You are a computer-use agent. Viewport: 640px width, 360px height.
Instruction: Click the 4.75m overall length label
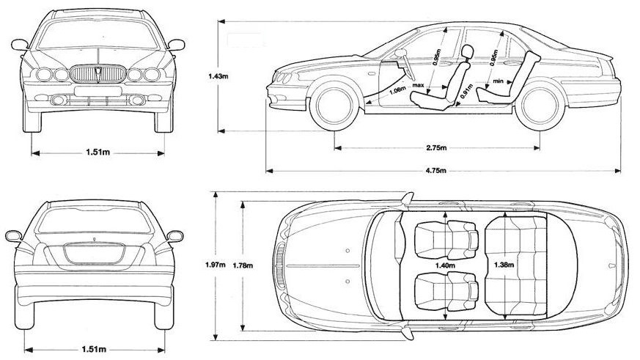pos(436,171)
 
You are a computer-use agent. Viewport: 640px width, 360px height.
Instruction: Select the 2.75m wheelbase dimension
pos(436,148)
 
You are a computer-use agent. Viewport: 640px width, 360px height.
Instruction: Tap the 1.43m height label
pos(218,76)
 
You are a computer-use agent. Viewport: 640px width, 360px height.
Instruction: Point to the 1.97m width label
pos(215,265)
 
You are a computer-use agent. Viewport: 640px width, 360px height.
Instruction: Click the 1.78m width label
pos(243,265)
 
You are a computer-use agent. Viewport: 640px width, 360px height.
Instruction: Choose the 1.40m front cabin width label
pos(445,265)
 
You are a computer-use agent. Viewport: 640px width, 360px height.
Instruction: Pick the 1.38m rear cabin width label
pos(504,265)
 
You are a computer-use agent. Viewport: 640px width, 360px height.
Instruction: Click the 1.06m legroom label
pos(397,89)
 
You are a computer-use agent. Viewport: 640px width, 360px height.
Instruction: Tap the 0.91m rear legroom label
pos(466,92)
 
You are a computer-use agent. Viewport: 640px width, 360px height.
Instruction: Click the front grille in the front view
pos(98,74)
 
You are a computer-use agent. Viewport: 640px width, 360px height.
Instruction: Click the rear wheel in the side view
pos(540,106)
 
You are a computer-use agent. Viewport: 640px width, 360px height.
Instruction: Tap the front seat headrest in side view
pos(468,52)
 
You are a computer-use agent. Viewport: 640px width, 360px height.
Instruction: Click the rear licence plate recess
pos(95,254)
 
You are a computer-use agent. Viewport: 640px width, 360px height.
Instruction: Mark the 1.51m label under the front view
pos(98,153)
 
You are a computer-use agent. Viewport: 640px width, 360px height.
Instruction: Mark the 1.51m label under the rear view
pos(94,349)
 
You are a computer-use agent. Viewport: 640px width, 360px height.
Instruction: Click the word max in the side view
pos(418,85)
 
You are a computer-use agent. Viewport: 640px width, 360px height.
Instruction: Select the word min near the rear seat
pos(498,81)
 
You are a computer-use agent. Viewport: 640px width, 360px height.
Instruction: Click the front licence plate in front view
pos(98,91)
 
